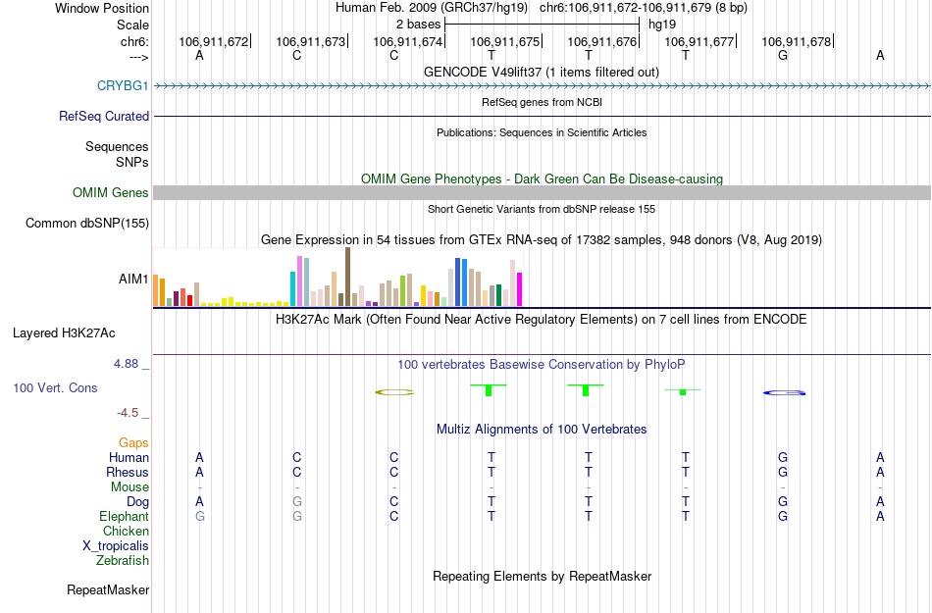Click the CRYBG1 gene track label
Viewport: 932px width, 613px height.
pyautogui.click(x=123, y=86)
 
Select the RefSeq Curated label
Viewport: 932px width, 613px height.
pyautogui.click(x=104, y=117)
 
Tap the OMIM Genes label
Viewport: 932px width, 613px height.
pyautogui.click(x=111, y=193)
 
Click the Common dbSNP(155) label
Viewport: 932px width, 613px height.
pyautogui.click(x=86, y=224)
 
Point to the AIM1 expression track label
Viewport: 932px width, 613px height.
pyautogui.click(x=133, y=280)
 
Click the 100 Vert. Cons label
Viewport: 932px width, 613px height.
pyautogui.click(x=55, y=388)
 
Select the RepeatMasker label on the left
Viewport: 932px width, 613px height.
pyautogui.click(x=108, y=590)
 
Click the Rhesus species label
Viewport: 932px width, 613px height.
pyautogui.click(x=128, y=473)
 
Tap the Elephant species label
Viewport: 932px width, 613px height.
pyautogui.click(x=124, y=517)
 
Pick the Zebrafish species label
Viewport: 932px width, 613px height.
pyautogui.click(x=123, y=561)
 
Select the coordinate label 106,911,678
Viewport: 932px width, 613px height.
pyautogui.click(x=797, y=42)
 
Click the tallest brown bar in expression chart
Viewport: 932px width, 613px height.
pyautogui.click(x=347, y=277)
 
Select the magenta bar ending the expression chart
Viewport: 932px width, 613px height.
pyautogui.click(x=520, y=289)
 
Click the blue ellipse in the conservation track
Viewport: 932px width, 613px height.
pyautogui.click(x=785, y=393)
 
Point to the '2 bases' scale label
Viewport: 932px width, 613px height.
pyautogui.click(x=419, y=24)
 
